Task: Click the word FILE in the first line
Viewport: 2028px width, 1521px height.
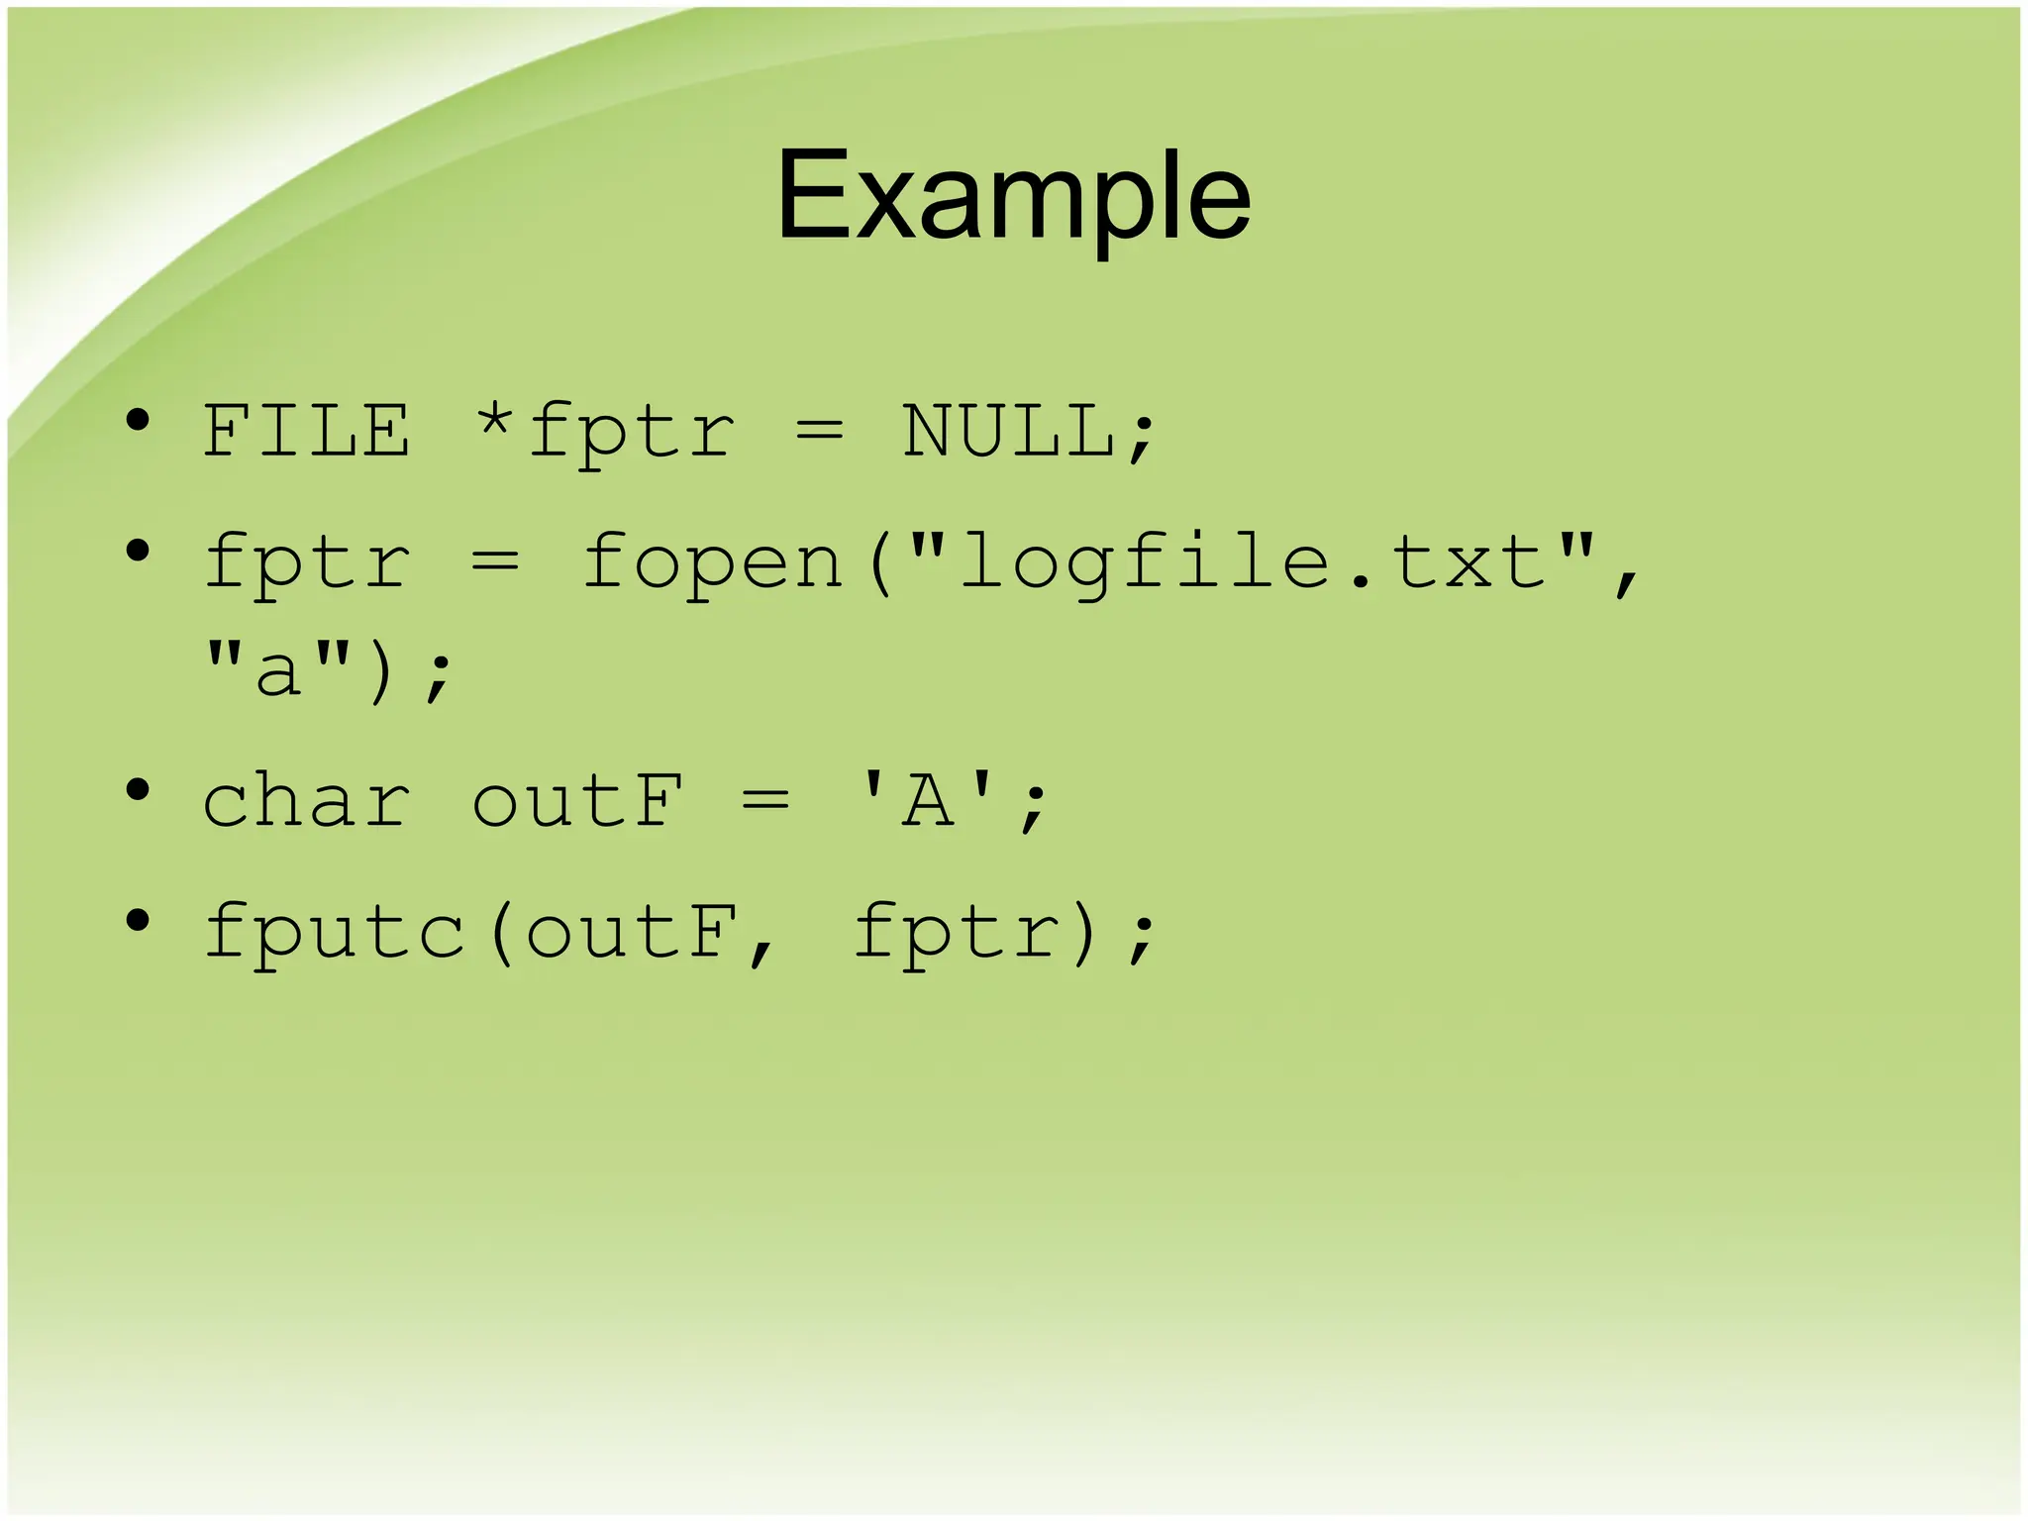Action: (306, 432)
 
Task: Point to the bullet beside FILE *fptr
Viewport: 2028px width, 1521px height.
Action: (138, 420)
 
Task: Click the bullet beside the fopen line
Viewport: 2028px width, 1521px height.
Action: (138, 550)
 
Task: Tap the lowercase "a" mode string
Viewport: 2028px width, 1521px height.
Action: (277, 671)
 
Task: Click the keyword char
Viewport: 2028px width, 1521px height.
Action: (306, 801)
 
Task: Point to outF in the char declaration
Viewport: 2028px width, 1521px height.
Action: (577, 801)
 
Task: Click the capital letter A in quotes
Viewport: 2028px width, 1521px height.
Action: (929, 801)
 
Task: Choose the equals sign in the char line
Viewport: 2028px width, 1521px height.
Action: (765, 801)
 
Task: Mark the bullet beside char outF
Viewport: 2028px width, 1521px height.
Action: (138, 789)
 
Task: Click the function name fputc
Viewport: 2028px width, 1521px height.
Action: (334, 934)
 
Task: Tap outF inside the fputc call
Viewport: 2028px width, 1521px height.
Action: (631, 934)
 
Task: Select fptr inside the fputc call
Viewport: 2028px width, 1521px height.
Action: (956, 934)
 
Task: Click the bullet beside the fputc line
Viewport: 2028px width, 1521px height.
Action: (138, 920)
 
